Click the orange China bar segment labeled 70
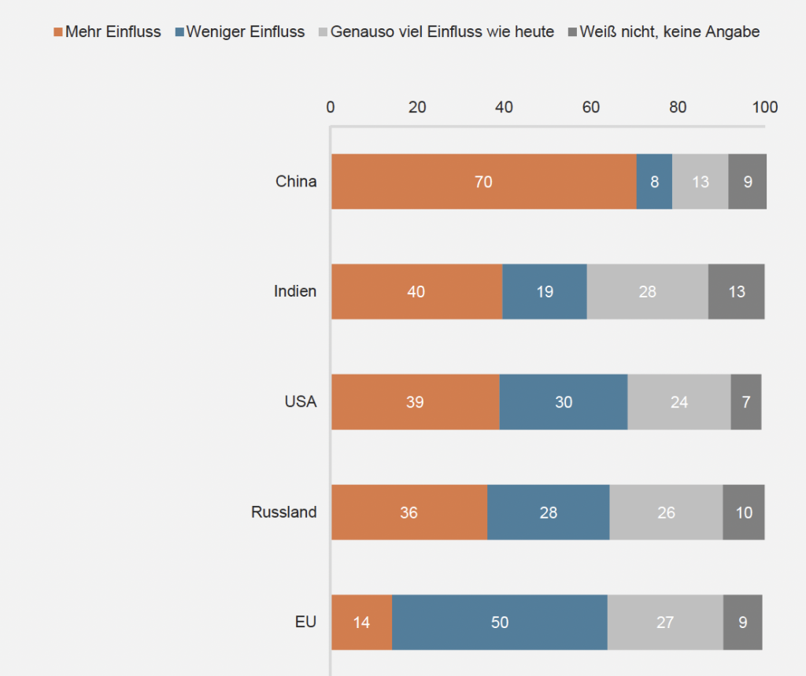[483, 182]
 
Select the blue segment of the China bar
[654, 182]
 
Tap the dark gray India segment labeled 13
[736, 292]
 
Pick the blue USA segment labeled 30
[564, 402]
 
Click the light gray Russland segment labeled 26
[666, 512]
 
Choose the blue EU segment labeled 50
[500, 622]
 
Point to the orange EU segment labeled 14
[361, 622]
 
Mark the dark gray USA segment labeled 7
[746, 402]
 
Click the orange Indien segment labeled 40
[416, 292]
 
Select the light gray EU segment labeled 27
[665, 622]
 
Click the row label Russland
[283, 512]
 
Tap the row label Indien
[295, 291]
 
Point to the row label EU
[305, 622]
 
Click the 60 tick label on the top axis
[591, 107]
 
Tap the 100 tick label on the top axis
[764, 107]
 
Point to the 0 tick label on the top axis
[331, 107]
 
